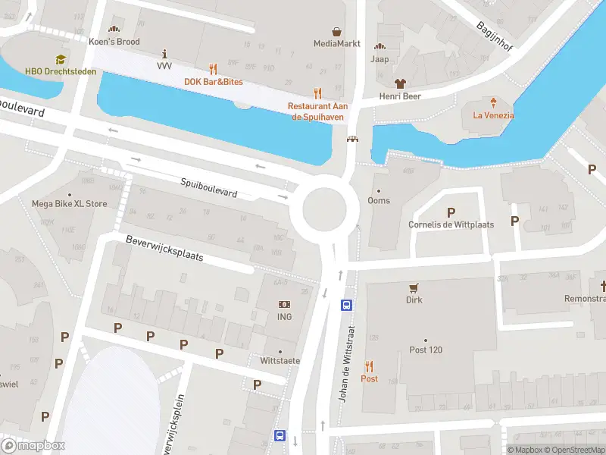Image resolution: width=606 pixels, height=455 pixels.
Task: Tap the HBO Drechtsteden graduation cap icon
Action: pos(58,59)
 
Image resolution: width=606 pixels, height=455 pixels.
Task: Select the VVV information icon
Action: pos(165,53)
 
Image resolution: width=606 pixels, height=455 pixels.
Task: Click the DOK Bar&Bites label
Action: pos(213,81)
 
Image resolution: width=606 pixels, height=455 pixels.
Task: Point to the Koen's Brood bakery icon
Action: pos(114,30)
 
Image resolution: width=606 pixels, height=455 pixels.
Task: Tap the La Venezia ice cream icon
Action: pos(493,102)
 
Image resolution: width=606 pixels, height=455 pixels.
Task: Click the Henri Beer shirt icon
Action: pos(400,83)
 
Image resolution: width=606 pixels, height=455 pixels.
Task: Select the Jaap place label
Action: pos(380,58)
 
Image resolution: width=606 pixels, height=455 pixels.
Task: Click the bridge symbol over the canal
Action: pos(352,139)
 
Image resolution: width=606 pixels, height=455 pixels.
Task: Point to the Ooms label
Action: pos(379,200)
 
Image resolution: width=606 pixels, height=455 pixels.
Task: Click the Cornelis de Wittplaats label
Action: pos(451,224)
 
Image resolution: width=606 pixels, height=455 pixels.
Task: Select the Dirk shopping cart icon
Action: pos(414,287)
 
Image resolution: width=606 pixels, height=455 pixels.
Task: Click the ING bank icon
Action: pos(284,304)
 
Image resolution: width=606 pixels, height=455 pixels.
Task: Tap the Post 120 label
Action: pos(425,350)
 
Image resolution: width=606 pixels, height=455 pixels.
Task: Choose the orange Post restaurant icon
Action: pos(370,366)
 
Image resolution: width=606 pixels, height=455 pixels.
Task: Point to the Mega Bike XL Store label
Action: pos(69,204)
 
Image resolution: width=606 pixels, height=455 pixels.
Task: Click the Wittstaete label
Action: pos(280,360)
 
